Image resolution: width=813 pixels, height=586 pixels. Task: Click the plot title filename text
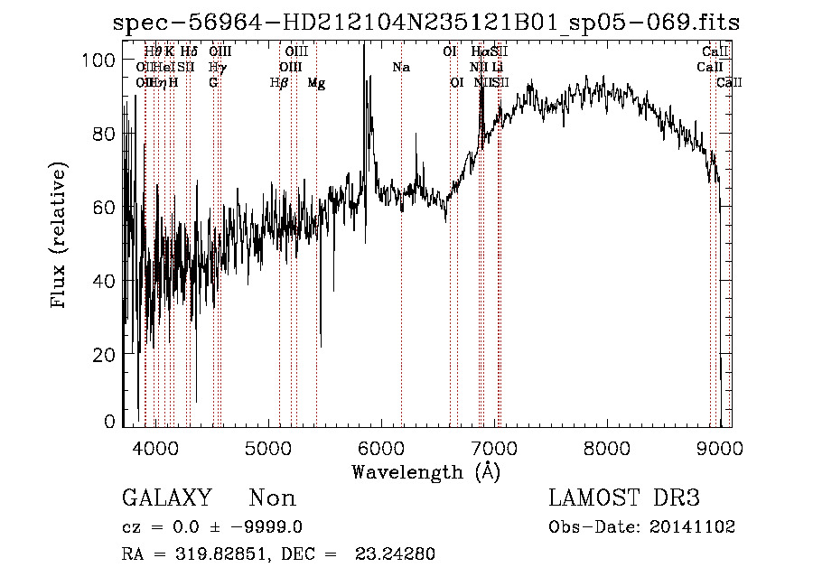[425, 23]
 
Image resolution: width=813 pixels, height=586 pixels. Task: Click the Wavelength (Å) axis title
[425, 470]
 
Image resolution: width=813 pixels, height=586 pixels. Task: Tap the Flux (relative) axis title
[61, 237]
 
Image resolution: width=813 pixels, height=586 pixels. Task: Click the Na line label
[401, 67]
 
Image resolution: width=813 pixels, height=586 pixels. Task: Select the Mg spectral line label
[316, 83]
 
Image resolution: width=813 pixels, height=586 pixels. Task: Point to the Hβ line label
[278, 83]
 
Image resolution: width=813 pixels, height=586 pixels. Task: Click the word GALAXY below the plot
[166, 498]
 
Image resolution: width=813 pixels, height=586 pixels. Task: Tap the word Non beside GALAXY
[272, 498]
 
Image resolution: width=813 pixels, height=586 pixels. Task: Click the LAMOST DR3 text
[623, 498]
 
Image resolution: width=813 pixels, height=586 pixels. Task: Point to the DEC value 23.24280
[397, 554]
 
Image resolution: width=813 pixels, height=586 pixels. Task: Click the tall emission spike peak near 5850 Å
[364, 45]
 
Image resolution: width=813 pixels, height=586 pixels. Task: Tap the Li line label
[498, 67]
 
